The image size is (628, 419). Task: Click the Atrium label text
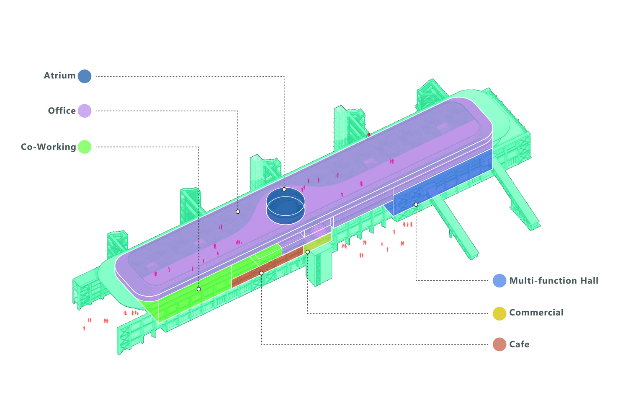pos(60,76)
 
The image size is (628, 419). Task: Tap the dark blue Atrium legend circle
pos(85,76)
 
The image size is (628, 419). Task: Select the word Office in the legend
pos(62,111)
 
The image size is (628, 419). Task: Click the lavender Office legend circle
pos(85,111)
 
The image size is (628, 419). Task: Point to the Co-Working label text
pos(49,147)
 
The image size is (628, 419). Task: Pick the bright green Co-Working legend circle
pos(85,147)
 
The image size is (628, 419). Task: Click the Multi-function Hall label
pos(554,281)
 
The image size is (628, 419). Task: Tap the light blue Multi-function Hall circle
pos(499,281)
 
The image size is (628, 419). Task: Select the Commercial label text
pos(536,313)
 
